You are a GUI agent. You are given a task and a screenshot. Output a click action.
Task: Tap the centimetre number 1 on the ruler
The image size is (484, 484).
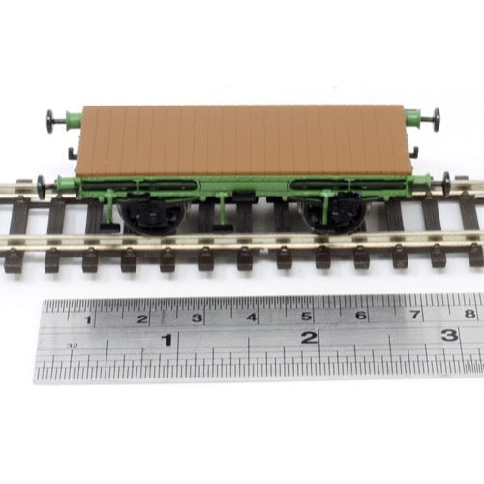point(87,320)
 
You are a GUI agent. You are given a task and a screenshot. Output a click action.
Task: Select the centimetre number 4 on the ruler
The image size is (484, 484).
point(252,318)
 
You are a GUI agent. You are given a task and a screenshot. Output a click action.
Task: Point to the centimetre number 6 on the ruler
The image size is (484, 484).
point(361,315)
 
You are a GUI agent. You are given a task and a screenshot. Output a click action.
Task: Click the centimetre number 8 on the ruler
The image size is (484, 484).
point(469,313)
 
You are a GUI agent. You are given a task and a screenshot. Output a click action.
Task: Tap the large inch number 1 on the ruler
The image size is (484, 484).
point(167,340)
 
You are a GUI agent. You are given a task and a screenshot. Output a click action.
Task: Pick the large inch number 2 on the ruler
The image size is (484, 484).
point(309,338)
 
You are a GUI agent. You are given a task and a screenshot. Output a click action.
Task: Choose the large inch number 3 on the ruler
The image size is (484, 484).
point(449,335)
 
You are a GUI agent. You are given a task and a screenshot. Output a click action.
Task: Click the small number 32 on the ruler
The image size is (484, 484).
point(74,346)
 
